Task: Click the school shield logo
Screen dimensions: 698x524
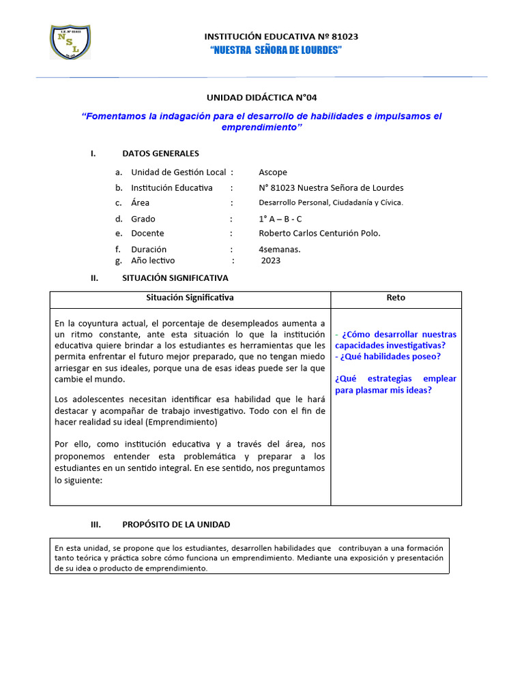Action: pos(70,42)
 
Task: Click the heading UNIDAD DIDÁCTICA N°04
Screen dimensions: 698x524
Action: pos(262,97)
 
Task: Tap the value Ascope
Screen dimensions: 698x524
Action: pos(273,172)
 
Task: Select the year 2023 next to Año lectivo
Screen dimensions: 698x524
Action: pos(271,260)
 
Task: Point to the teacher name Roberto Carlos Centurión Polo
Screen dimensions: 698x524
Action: pos(319,233)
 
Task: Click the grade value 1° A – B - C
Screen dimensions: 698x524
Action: pos(280,219)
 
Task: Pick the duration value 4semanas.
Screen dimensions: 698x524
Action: pos(280,249)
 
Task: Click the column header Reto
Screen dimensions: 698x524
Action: pos(396,298)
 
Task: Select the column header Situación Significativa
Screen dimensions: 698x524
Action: pos(190,298)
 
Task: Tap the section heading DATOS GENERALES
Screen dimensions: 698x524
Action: pos(160,153)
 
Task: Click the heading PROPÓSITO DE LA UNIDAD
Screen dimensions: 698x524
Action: pos(176,524)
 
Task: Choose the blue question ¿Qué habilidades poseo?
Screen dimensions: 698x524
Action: pos(388,356)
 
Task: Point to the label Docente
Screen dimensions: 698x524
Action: pos(147,233)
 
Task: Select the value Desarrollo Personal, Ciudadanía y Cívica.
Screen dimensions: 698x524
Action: pos(331,202)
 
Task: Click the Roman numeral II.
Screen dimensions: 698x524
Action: pos(95,278)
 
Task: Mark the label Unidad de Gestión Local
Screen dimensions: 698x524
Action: pos(178,172)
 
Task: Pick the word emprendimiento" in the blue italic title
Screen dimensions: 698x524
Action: pos(262,127)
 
